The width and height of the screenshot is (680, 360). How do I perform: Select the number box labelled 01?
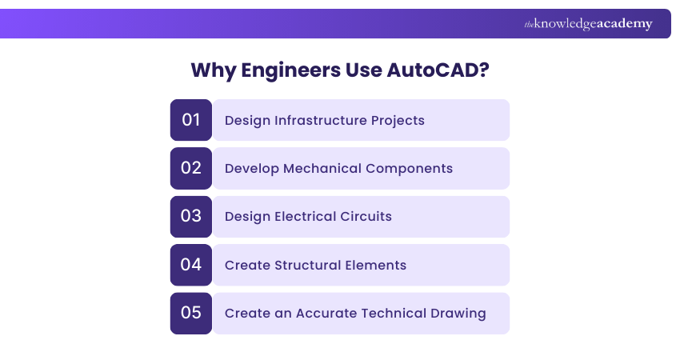(191, 120)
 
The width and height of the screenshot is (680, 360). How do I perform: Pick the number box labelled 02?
(191, 168)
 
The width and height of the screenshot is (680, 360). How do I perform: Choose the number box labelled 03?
(191, 217)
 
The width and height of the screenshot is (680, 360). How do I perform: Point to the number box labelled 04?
(191, 265)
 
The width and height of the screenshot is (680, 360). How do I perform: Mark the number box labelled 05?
(191, 313)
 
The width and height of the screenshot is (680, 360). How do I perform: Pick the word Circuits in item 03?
(367, 217)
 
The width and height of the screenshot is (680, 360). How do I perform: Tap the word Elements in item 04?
(375, 265)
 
